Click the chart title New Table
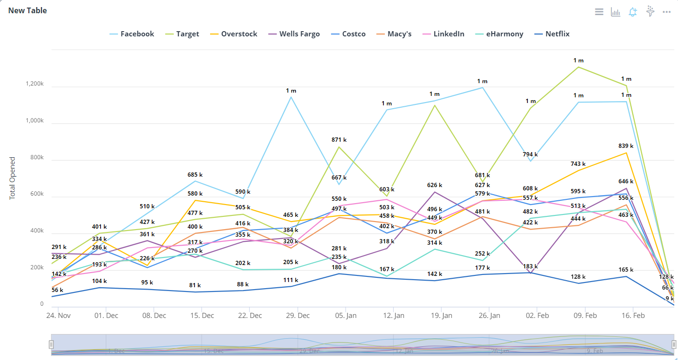(27, 10)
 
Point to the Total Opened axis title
(13, 178)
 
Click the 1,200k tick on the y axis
(34, 84)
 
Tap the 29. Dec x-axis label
(297, 316)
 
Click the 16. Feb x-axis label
(633, 316)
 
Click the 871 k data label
(339, 140)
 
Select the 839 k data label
(626, 146)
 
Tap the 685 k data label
(195, 175)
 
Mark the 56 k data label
(57, 290)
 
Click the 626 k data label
(434, 185)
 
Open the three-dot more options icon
(667, 12)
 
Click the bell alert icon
(633, 12)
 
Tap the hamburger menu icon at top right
(599, 12)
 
